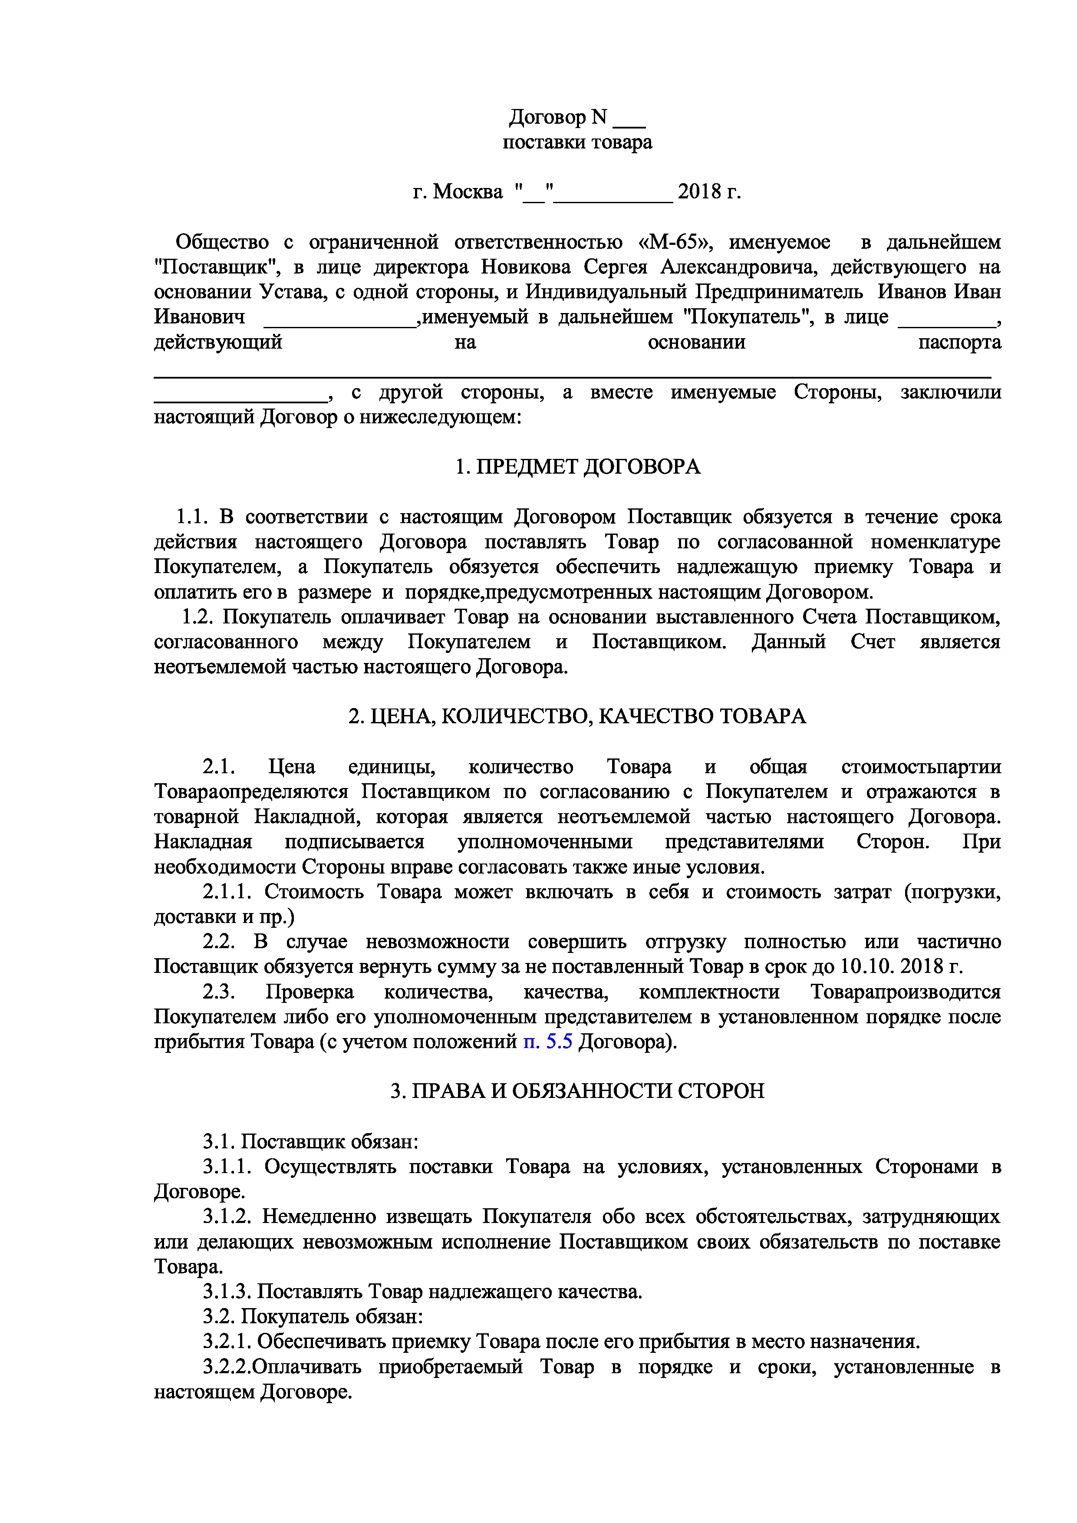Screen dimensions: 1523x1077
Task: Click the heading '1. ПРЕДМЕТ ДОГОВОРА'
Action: tap(577, 467)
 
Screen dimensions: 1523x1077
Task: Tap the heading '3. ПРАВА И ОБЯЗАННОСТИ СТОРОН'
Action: tap(577, 1091)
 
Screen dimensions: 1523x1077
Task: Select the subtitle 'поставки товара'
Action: tap(577, 142)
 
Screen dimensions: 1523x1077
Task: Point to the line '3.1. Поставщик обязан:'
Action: tap(310, 1141)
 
